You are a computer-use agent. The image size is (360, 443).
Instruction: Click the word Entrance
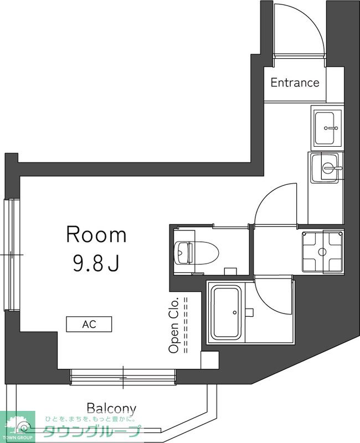(295, 83)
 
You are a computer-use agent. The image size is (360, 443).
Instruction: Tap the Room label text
(96, 234)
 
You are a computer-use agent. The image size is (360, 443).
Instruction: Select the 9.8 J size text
(95, 263)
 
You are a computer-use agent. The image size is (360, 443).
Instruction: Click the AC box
(89, 324)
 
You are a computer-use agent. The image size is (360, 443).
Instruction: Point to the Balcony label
(111, 409)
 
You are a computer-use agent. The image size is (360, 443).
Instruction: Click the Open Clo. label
(174, 325)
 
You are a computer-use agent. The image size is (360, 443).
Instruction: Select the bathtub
(226, 312)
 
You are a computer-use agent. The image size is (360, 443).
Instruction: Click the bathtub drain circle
(234, 312)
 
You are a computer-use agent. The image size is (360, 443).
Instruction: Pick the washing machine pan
(323, 252)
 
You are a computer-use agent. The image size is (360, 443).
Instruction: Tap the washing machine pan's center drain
(322, 252)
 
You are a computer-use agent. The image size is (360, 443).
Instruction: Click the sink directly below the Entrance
(327, 128)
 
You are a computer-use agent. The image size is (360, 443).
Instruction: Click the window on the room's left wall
(12, 255)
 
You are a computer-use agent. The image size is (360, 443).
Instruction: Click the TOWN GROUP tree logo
(17, 426)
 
